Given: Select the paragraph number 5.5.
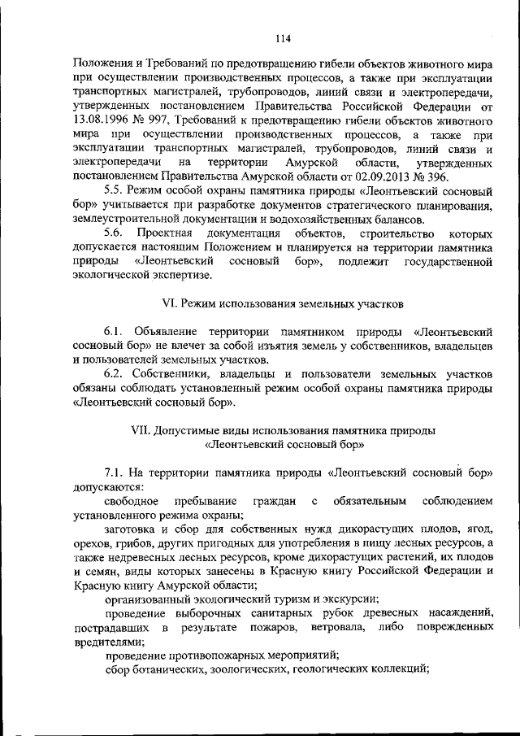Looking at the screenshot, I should click(x=115, y=190).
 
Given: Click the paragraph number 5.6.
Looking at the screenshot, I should click(x=115, y=233).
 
